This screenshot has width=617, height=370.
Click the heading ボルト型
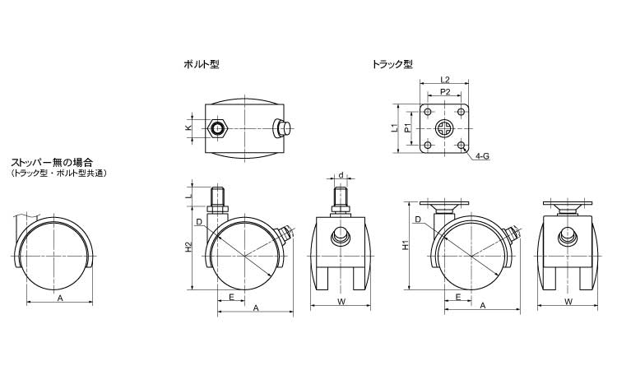click(x=202, y=63)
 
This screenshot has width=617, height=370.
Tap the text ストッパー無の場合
click(x=51, y=164)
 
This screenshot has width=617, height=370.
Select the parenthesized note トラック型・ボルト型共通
click(x=59, y=173)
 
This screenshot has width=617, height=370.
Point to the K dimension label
click(x=188, y=128)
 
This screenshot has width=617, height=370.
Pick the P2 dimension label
click(x=444, y=92)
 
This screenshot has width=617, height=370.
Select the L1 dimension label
click(x=395, y=128)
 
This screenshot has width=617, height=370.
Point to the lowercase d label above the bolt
click(x=341, y=175)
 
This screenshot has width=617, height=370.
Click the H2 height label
click(x=188, y=246)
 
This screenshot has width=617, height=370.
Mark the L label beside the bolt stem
click(x=188, y=196)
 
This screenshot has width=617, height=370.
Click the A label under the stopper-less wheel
click(x=60, y=298)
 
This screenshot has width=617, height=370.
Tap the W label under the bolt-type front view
click(x=339, y=302)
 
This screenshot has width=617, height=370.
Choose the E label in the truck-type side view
click(x=457, y=296)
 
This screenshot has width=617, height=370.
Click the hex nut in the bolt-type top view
click(x=217, y=128)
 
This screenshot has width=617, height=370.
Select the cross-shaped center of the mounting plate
click(x=444, y=129)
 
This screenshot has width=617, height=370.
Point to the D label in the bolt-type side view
click(x=199, y=222)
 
